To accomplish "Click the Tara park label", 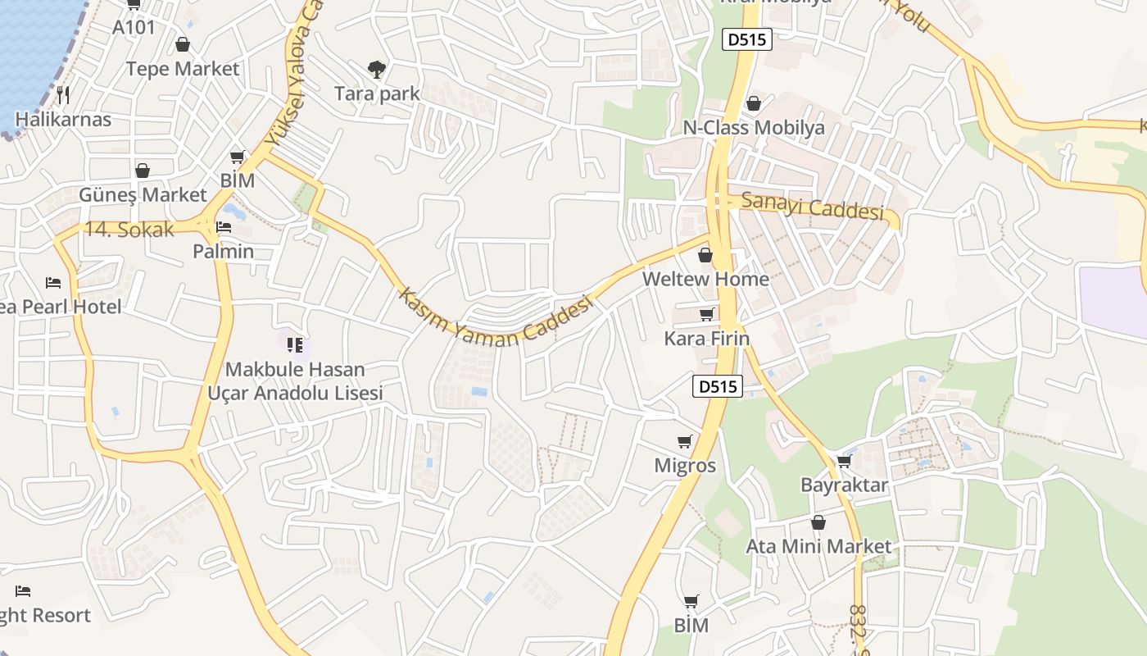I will [x=377, y=93].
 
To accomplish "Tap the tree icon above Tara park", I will [x=377, y=69].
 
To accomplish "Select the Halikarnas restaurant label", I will [x=63, y=119].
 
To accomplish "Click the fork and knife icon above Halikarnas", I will [x=63, y=94].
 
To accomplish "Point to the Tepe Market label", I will [x=183, y=69].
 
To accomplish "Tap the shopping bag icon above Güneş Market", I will [x=143, y=171].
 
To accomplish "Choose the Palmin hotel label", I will [x=224, y=251].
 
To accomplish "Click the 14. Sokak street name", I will [x=129, y=230].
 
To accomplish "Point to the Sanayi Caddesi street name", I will [x=813, y=206].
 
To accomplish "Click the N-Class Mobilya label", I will [x=754, y=128].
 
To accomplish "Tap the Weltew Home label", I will [x=705, y=279].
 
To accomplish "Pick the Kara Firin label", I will [x=707, y=339].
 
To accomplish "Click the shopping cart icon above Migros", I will [x=685, y=442].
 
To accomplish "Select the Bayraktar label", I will [x=844, y=485].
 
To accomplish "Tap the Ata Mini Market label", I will [x=818, y=546].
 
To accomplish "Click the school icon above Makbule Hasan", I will [x=295, y=345].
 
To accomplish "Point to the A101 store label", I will [x=134, y=27].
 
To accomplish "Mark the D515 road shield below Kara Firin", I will [x=718, y=386].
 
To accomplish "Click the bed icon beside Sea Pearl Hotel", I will [x=53, y=283].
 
